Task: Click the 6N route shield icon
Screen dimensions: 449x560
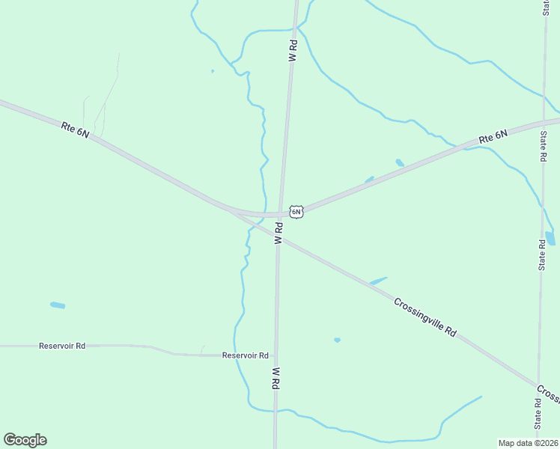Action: pos(296,212)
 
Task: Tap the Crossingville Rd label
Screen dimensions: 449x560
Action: pos(425,317)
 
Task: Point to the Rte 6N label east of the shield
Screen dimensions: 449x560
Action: pos(493,137)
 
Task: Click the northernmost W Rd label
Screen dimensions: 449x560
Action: pos(293,51)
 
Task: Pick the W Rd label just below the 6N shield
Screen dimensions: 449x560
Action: pos(278,233)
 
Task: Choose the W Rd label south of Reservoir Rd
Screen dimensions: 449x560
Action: pos(276,377)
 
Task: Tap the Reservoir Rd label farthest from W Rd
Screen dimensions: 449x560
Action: pos(62,346)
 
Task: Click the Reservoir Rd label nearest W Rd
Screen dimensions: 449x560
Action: pos(245,355)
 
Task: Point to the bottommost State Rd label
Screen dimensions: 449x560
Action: pos(538,412)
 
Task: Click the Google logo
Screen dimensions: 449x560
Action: pos(25,440)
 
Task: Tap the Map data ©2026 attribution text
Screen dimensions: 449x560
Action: pos(528,443)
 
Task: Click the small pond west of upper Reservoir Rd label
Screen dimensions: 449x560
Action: pos(57,305)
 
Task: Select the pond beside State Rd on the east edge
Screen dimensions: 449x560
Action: pos(550,239)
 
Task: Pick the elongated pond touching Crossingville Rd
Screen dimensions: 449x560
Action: pos(379,281)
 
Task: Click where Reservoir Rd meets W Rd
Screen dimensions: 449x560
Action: pos(276,355)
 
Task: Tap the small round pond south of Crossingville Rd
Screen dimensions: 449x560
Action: pos(337,340)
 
